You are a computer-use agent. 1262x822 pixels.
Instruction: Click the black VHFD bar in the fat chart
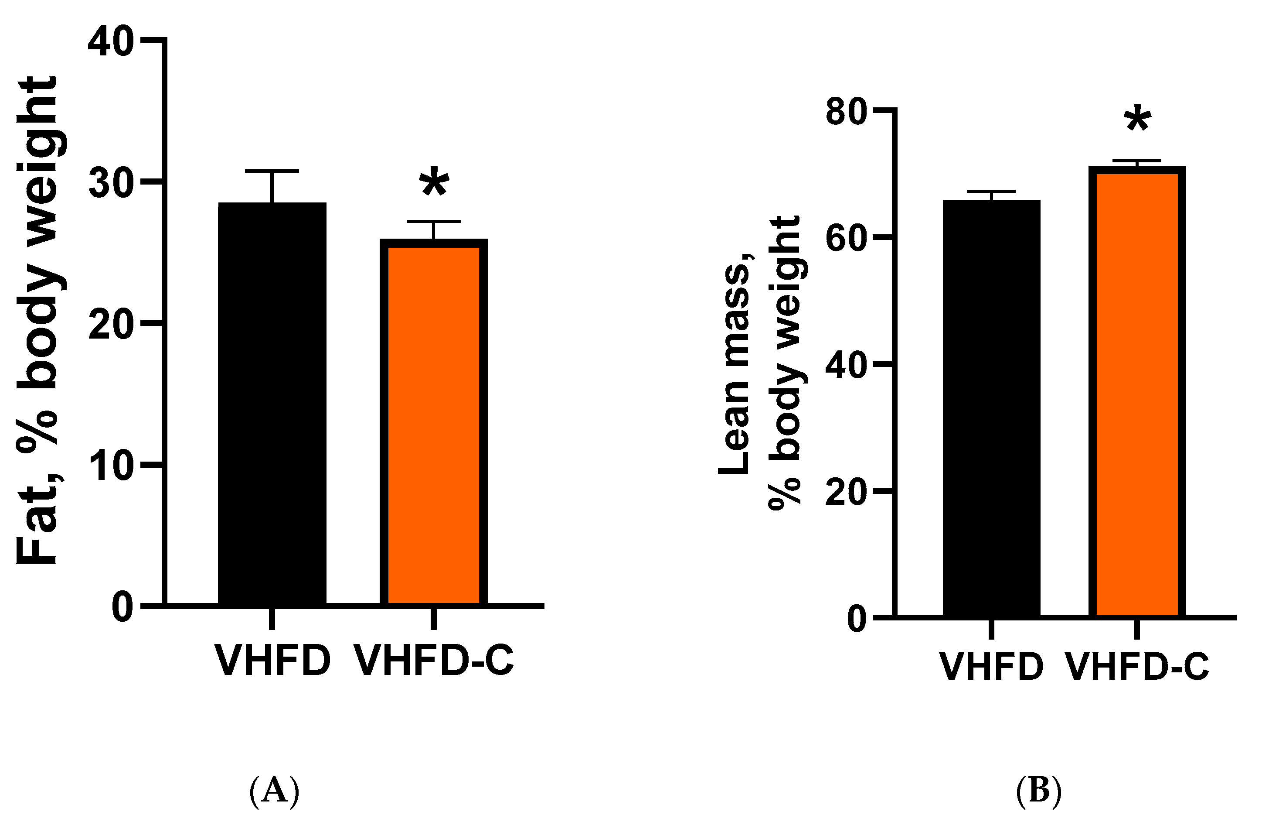tap(272, 403)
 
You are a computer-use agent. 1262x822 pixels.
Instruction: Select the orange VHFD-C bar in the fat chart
tap(433, 425)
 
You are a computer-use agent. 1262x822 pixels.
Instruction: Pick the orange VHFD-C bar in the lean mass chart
tap(1137, 393)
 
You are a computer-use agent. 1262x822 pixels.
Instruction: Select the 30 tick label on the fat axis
tap(110, 184)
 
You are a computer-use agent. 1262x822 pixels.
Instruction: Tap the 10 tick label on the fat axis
tap(110, 466)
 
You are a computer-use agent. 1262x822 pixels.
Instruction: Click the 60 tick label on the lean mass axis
tap(846, 239)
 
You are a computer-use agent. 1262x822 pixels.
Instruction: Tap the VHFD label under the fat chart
tap(272, 661)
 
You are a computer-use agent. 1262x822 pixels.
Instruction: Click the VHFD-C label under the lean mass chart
tap(1137, 667)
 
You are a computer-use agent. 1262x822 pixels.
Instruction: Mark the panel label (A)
tap(274, 791)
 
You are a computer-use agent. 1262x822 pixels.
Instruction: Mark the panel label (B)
tap(1039, 791)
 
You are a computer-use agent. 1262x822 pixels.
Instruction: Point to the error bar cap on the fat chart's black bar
tap(272, 171)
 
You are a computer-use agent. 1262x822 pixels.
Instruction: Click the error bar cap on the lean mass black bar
tap(991, 191)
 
